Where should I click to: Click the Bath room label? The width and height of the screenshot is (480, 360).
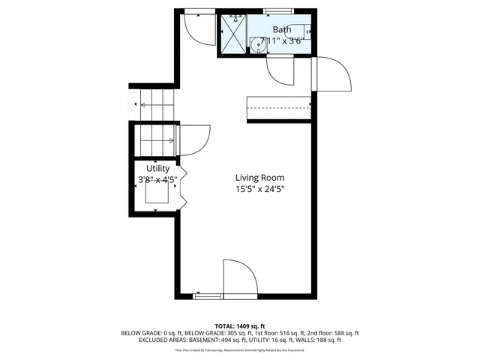pos(282,30)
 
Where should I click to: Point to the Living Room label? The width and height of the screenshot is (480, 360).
pos(259,178)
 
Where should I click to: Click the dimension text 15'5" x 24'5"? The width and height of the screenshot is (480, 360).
pos(259,189)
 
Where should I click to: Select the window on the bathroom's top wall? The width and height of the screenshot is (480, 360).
pos(278,11)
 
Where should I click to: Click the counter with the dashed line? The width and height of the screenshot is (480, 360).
pos(279,108)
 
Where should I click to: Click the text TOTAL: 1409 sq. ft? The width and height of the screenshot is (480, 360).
pos(239,325)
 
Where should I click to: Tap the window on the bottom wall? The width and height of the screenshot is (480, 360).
pos(208,296)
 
